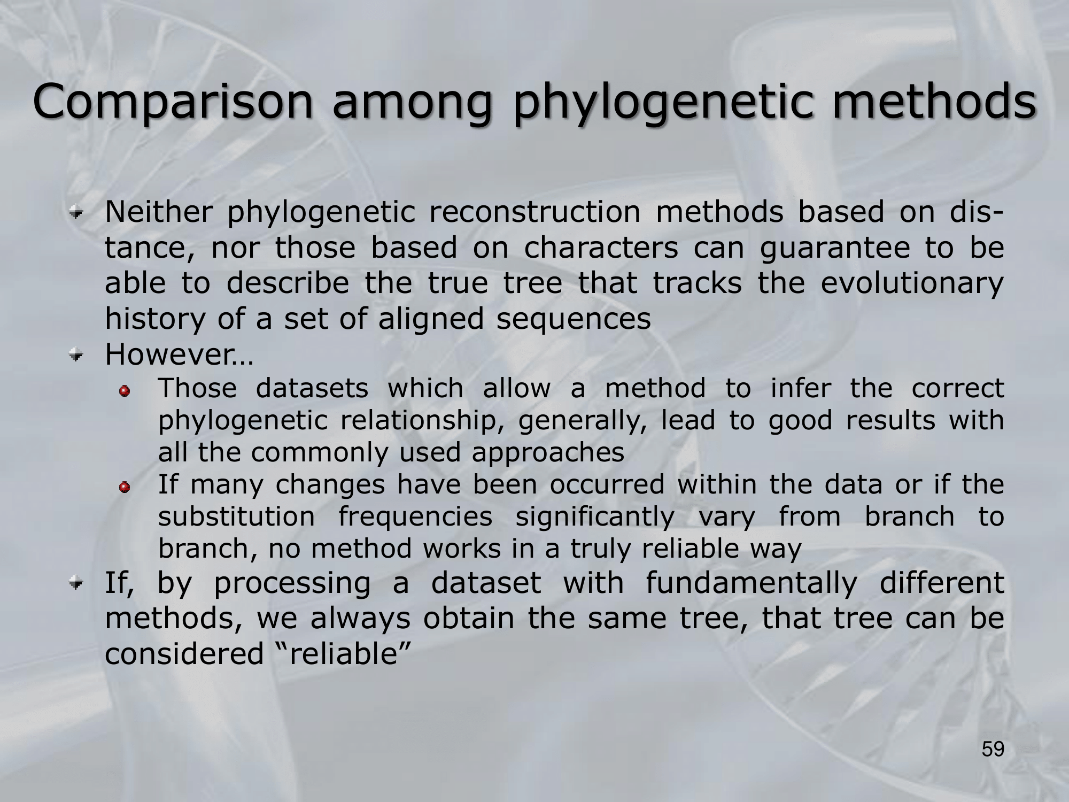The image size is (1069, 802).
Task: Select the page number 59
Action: pos(993,749)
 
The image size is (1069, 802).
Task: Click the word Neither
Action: pos(158,212)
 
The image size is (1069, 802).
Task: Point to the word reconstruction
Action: pos(534,212)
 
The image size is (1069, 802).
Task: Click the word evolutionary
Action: pos(912,284)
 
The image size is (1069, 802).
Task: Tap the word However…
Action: pos(179,354)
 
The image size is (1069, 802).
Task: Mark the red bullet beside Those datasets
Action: pos(125,392)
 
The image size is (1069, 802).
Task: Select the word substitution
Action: pos(237,516)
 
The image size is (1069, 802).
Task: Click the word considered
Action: pos(184,653)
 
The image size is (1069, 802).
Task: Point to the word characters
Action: pos(601,248)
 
